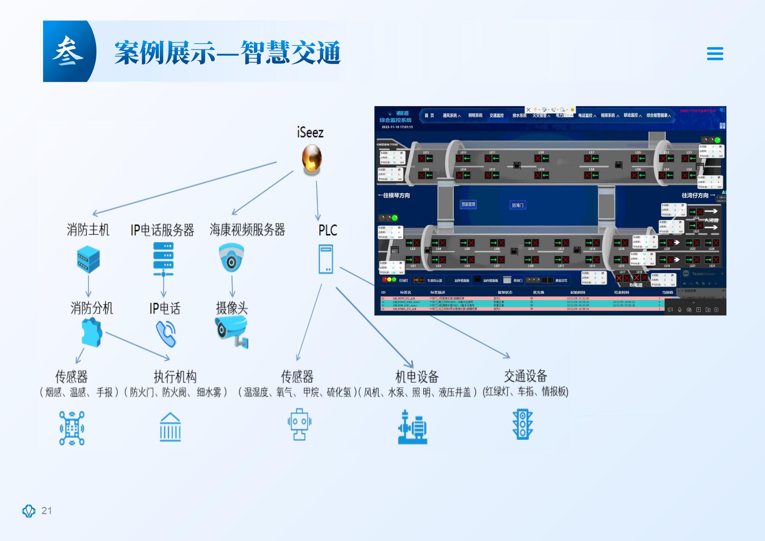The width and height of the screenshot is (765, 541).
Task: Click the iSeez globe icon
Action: pos(312,159)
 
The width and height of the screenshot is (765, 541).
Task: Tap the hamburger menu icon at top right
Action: pos(715,54)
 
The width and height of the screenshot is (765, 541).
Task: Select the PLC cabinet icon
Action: pos(326,259)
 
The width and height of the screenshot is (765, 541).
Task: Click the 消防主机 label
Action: pos(88,230)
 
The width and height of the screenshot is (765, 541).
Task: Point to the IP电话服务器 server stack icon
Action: pos(164,259)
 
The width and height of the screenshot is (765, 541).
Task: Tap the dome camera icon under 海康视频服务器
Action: pos(231,257)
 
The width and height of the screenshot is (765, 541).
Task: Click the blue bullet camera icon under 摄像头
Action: pos(232,331)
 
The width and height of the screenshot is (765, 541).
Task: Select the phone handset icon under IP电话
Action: pos(166,334)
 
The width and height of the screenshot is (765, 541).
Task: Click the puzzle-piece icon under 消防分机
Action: pos(92,332)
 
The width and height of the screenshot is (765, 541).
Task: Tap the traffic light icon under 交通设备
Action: pos(522,424)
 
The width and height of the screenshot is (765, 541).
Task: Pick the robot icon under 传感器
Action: pos(299,424)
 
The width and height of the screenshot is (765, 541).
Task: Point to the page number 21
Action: pos(47,511)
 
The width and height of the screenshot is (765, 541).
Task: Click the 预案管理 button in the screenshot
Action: pos(468,205)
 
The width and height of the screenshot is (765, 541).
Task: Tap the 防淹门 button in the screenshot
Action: pos(517,205)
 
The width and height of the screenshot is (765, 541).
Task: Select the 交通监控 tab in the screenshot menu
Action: pos(496,116)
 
